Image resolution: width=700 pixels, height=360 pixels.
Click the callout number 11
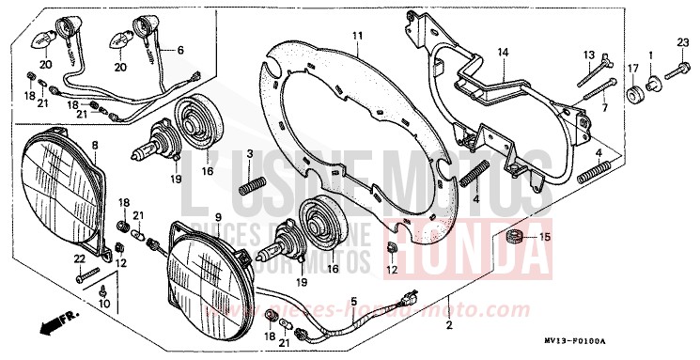click(357, 37)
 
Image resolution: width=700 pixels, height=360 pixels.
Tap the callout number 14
click(502, 53)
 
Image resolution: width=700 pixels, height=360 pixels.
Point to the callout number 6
click(180, 50)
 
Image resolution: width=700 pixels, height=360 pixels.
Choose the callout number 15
click(542, 237)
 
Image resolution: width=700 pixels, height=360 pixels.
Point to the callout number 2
click(449, 325)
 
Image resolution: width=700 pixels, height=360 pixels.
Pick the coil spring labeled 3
click(249, 184)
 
